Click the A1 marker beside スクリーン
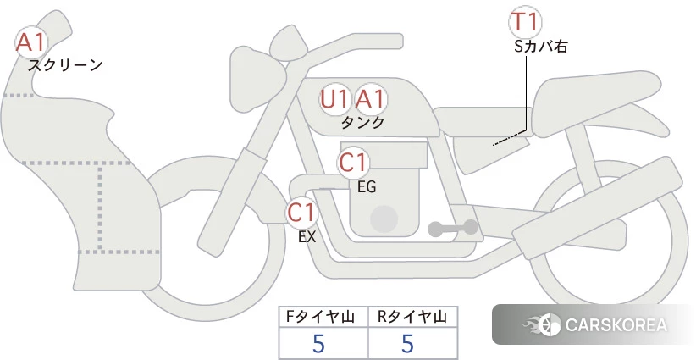[30, 42]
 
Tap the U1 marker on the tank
[334, 99]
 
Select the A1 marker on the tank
[371, 99]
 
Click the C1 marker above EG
[353, 163]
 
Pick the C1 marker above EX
[301, 212]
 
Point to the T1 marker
[525, 22]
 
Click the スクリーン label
[65, 66]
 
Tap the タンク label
[362, 123]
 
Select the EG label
[367, 187]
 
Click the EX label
[307, 237]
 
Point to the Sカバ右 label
[541, 47]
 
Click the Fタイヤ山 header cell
[323, 317]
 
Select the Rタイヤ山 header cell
[413, 317]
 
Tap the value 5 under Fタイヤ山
[318, 344]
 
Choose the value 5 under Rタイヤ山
[407, 344]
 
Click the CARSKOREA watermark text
[616, 325]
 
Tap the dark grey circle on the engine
[384, 219]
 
